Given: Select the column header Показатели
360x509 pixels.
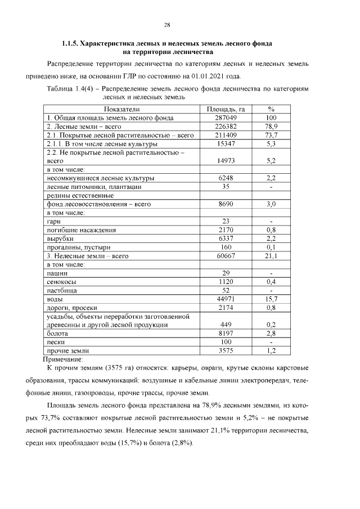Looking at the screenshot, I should coord(121,109).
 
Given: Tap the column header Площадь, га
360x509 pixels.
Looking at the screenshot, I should coord(224,109).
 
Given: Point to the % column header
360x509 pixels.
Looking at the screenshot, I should coord(271,109).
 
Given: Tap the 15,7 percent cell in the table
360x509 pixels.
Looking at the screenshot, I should coord(271,299).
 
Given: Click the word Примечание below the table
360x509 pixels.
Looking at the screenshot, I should coord(63,359).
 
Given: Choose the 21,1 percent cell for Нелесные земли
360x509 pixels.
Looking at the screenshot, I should coord(271,256).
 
